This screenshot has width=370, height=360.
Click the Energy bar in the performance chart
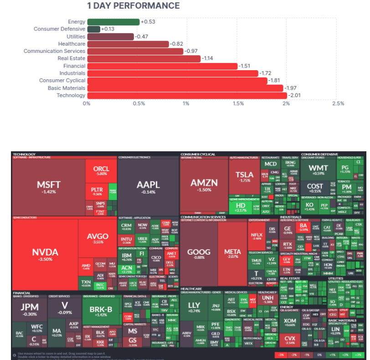(x=113, y=22)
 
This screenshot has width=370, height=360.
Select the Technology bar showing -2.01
(x=187, y=95)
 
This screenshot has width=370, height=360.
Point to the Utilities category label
(x=76, y=36)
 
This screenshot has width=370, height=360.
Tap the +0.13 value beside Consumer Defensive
(x=108, y=29)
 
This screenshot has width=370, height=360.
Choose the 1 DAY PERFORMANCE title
(x=133, y=6)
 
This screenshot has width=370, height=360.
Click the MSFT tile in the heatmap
(x=48, y=186)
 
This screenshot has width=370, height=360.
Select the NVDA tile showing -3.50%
(x=45, y=254)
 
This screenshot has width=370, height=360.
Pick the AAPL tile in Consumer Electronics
(x=148, y=186)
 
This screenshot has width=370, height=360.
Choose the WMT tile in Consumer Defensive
(x=318, y=170)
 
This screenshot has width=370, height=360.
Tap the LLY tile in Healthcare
(x=194, y=307)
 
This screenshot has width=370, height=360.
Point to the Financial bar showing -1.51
(x=162, y=66)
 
